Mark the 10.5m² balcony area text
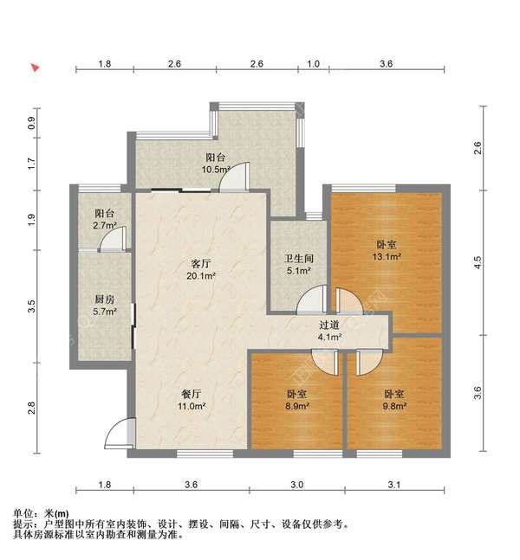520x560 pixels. pyautogui.click(x=215, y=170)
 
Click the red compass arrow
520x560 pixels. pyautogui.click(x=36, y=67)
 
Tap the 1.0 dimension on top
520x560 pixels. pyautogui.click(x=314, y=64)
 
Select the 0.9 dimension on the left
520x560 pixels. pyautogui.click(x=32, y=123)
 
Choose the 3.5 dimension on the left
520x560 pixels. pyautogui.click(x=32, y=306)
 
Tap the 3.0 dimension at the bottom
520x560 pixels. pyautogui.click(x=296, y=486)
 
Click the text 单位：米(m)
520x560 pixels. pyautogui.click(x=42, y=513)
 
